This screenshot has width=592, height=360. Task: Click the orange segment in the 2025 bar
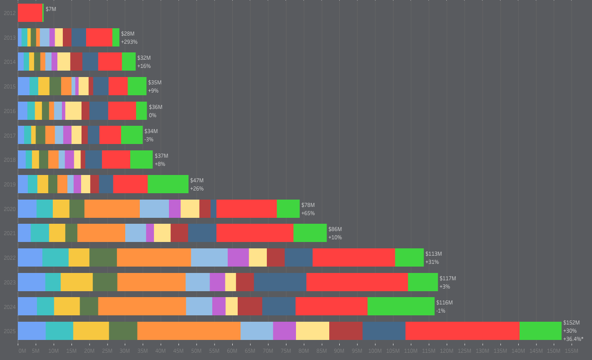tap(189, 331)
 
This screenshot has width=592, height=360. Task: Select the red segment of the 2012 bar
tap(30, 13)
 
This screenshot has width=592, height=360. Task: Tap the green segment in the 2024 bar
tap(401, 306)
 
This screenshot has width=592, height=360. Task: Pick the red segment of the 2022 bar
tap(353, 257)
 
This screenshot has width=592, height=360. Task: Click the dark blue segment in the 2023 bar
tap(280, 282)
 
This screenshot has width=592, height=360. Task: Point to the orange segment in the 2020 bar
tap(112, 209)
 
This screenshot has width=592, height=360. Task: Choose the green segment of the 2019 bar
tap(168, 184)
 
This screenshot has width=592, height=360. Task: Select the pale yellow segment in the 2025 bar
tap(312, 331)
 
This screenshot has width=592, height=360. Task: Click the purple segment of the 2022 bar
tap(238, 257)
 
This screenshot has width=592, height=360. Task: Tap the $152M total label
tap(571, 323)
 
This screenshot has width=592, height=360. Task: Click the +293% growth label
tap(129, 42)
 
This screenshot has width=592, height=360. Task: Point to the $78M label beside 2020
tap(308, 205)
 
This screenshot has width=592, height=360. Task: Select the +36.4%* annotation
tap(573, 339)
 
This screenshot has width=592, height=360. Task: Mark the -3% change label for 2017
tap(149, 139)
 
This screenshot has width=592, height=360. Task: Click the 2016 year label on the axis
tap(10, 111)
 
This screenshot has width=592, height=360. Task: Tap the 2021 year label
tap(10, 233)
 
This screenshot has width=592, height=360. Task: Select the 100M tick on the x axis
tap(375, 351)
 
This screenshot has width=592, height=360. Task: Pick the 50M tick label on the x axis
tap(196, 351)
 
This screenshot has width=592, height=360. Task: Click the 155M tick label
tap(571, 351)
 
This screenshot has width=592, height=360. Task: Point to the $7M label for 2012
tap(51, 9)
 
